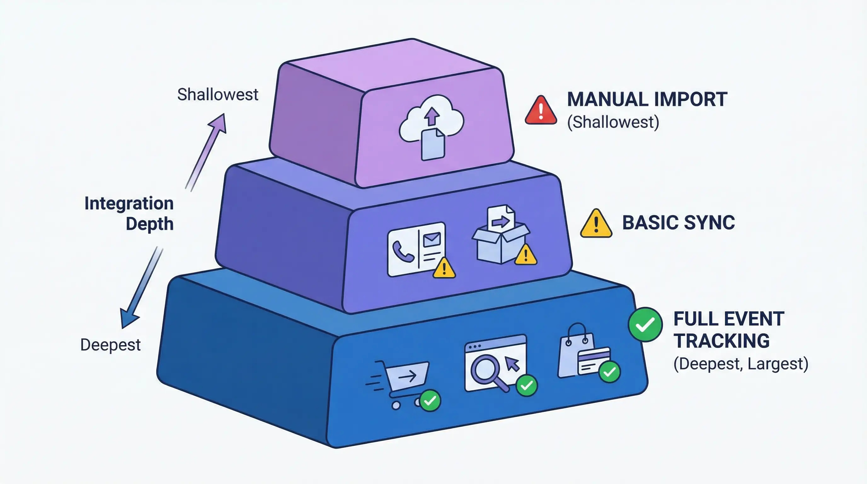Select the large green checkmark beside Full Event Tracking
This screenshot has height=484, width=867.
(645, 325)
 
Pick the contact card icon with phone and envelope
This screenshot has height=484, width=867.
(417, 249)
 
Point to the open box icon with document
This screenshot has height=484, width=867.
(501, 236)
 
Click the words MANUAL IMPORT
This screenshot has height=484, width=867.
(647, 99)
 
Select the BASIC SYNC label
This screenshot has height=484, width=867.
(678, 223)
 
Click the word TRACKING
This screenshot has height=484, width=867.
(721, 341)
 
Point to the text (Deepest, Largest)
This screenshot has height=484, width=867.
(740, 364)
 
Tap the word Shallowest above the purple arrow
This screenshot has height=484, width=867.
(218, 94)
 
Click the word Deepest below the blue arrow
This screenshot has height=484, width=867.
(110, 345)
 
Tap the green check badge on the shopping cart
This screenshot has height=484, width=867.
(430, 400)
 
